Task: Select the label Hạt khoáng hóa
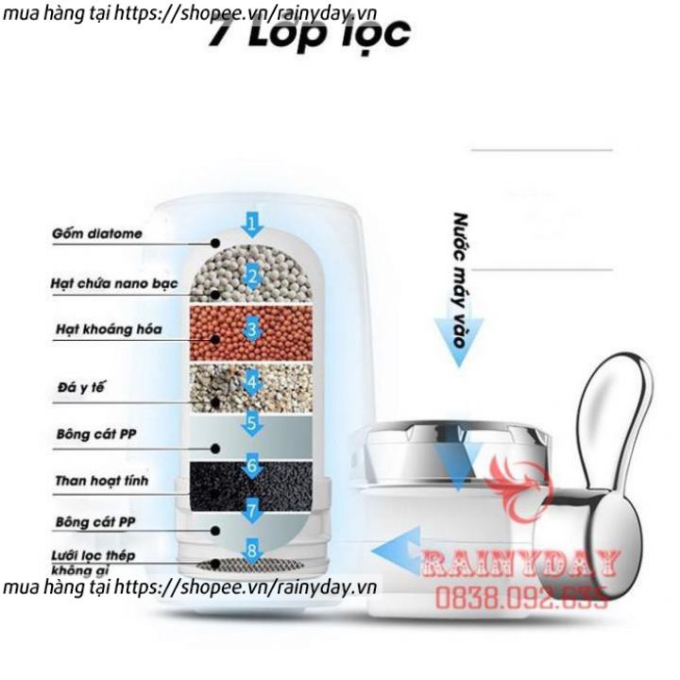(x=94, y=330)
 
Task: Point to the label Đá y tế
(x=76, y=386)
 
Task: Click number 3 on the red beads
(x=251, y=329)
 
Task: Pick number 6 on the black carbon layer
(x=251, y=465)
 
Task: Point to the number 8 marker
(x=251, y=549)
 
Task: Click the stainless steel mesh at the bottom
(x=251, y=564)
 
